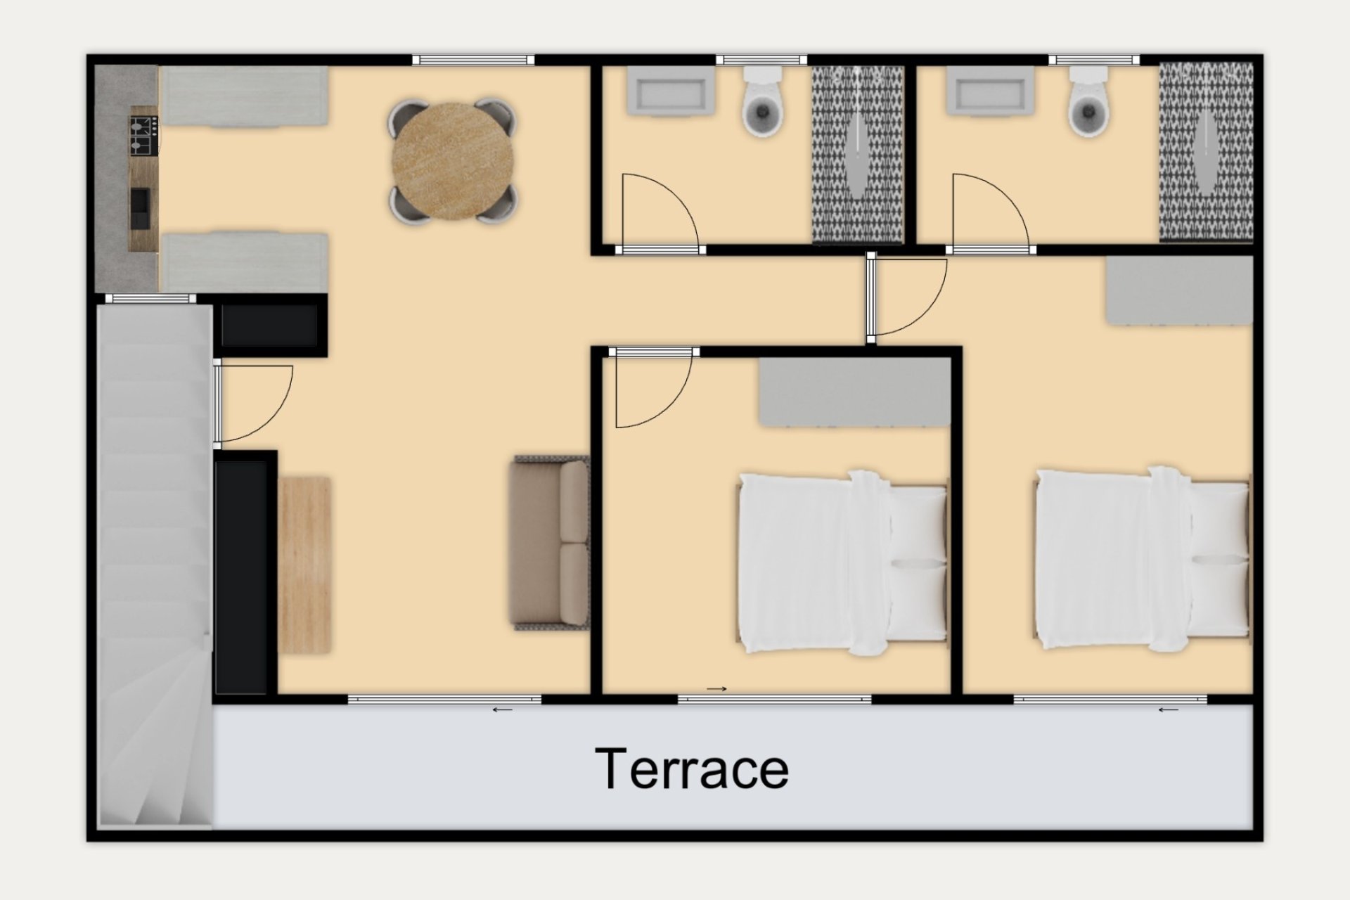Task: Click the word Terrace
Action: pyautogui.click(x=692, y=769)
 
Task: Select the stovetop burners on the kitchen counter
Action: pyautogui.click(x=143, y=136)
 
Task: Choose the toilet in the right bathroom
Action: pyautogui.click(x=1088, y=101)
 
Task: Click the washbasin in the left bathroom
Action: pyautogui.click(x=667, y=90)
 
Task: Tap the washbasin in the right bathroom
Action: pyautogui.click(x=990, y=90)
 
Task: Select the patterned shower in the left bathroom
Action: pyautogui.click(x=858, y=155)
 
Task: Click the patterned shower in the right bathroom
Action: pyautogui.click(x=1206, y=152)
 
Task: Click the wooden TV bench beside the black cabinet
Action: pyautogui.click(x=304, y=565)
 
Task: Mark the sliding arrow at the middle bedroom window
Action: pyautogui.click(x=716, y=688)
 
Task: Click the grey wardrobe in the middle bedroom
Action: pyautogui.click(x=854, y=392)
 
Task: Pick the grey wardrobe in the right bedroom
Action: pyautogui.click(x=1179, y=290)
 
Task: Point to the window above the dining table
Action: pyautogui.click(x=473, y=60)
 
